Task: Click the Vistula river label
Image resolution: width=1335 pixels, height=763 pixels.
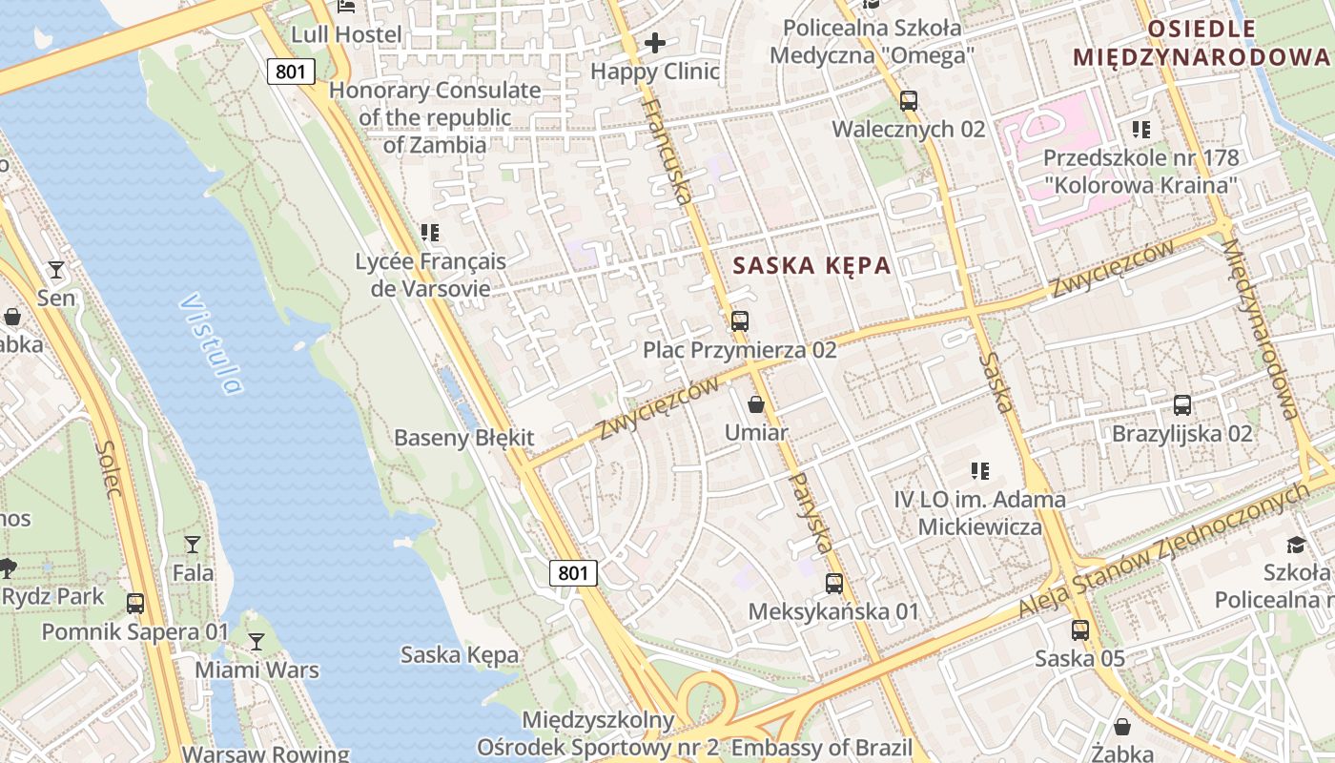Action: tap(211, 343)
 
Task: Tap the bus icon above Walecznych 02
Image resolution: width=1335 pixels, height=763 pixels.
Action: tap(908, 100)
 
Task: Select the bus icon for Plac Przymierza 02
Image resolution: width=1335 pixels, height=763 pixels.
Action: tap(739, 321)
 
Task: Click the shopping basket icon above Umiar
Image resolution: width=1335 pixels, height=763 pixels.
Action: tap(756, 404)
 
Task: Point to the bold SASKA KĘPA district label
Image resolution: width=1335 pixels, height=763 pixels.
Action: tap(811, 266)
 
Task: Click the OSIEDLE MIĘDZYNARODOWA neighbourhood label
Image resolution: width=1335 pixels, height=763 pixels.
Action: tap(1201, 43)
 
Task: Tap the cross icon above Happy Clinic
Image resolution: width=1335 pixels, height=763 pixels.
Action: tap(655, 43)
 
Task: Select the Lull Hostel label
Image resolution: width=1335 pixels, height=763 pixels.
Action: tap(346, 34)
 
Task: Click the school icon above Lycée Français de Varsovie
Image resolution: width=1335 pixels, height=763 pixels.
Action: tap(430, 233)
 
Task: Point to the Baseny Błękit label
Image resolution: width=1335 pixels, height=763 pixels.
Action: tap(464, 438)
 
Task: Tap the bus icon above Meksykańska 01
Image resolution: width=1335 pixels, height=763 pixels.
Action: tap(834, 583)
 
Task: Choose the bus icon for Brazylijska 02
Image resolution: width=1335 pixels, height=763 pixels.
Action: tap(1182, 405)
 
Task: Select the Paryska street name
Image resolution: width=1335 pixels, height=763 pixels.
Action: tap(811, 512)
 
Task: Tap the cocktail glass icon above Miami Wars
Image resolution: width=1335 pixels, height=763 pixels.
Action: tap(257, 642)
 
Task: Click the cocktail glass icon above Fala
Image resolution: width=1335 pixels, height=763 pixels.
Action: tap(193, 545)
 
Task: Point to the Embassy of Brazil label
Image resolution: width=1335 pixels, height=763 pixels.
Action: tap(821, 748)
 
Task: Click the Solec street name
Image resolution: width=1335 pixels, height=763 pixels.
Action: tap(108, 469)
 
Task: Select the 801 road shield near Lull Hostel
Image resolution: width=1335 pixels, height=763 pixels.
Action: tap(291, 71)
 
